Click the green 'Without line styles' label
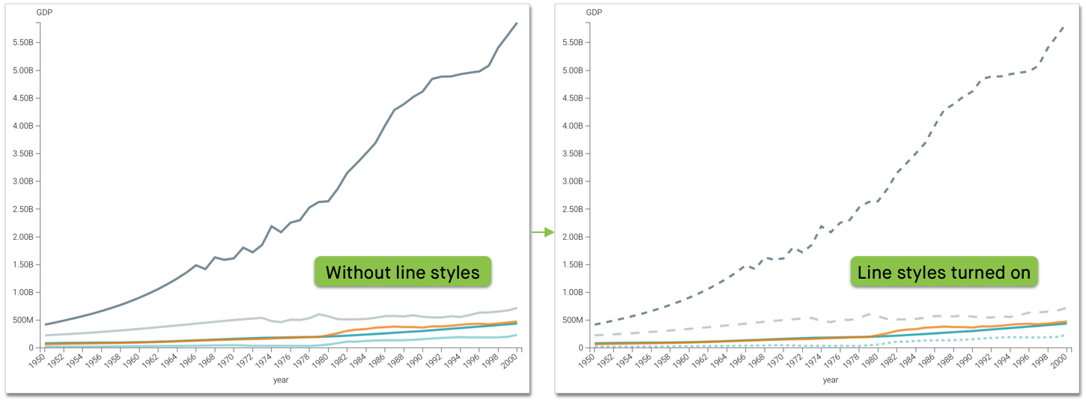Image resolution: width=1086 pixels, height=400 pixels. tap(403, 272)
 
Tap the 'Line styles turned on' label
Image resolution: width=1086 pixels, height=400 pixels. tap(944, 273)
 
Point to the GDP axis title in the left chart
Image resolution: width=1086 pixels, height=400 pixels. tap(45, 13)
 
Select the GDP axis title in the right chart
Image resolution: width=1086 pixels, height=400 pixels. tap(594, 13)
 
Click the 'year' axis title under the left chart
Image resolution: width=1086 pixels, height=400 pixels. tap(281, 380)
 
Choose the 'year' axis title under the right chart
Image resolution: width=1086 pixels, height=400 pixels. tap(831, 380)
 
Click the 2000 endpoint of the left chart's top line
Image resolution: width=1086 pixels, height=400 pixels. tap(516, 23)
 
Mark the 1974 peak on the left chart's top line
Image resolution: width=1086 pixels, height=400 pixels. tap(272, 226)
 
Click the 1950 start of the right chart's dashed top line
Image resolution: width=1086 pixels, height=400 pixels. tap(595, 324)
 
